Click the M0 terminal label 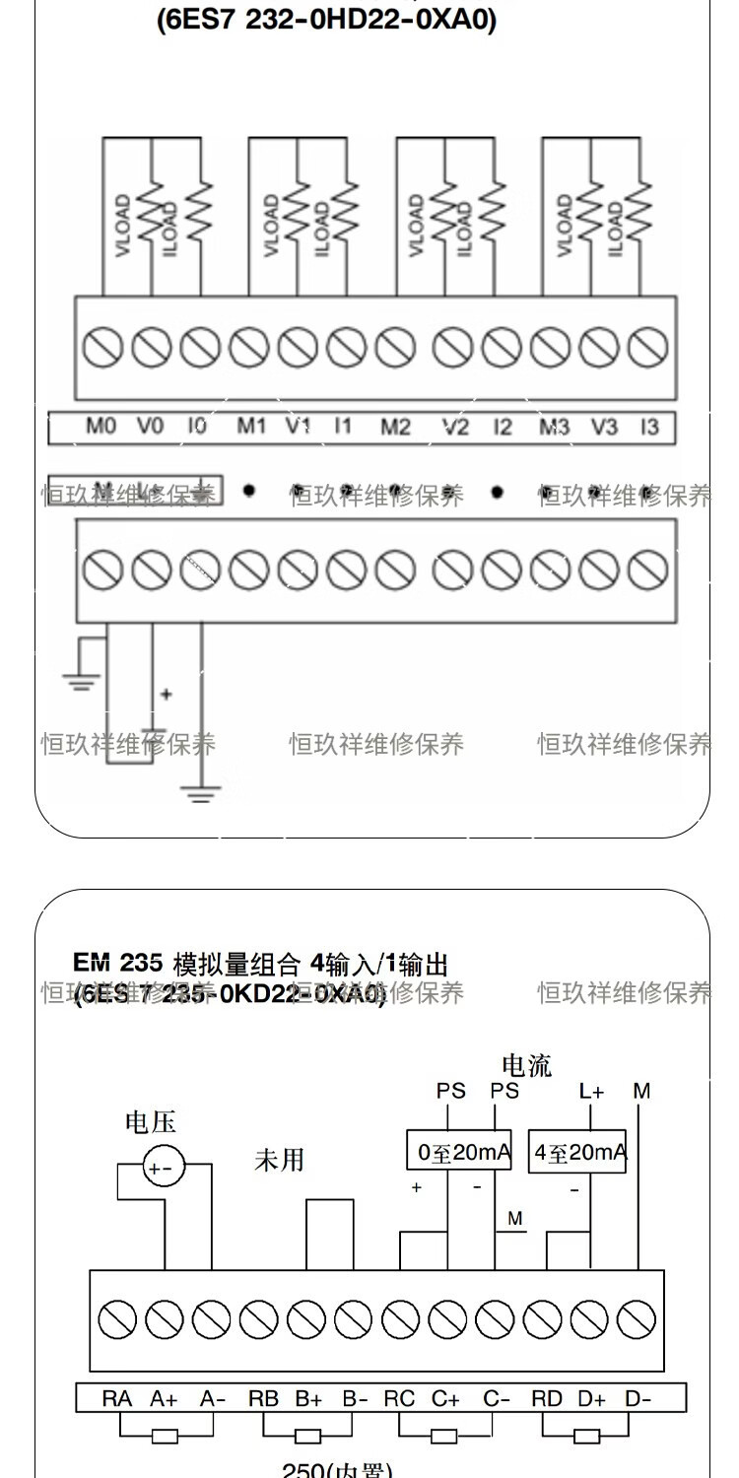point(101,427)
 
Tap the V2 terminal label point(454,427)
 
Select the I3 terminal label point(648,427)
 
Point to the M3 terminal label point(554,427)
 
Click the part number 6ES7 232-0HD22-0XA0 point(326,21)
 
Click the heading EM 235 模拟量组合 point(260,963)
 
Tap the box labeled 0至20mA point(459,1151)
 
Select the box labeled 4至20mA point(578,1151)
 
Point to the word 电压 point(150,1122)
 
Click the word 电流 point(527,1065)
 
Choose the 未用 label point(280,1161)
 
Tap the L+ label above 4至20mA point(591,1091)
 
